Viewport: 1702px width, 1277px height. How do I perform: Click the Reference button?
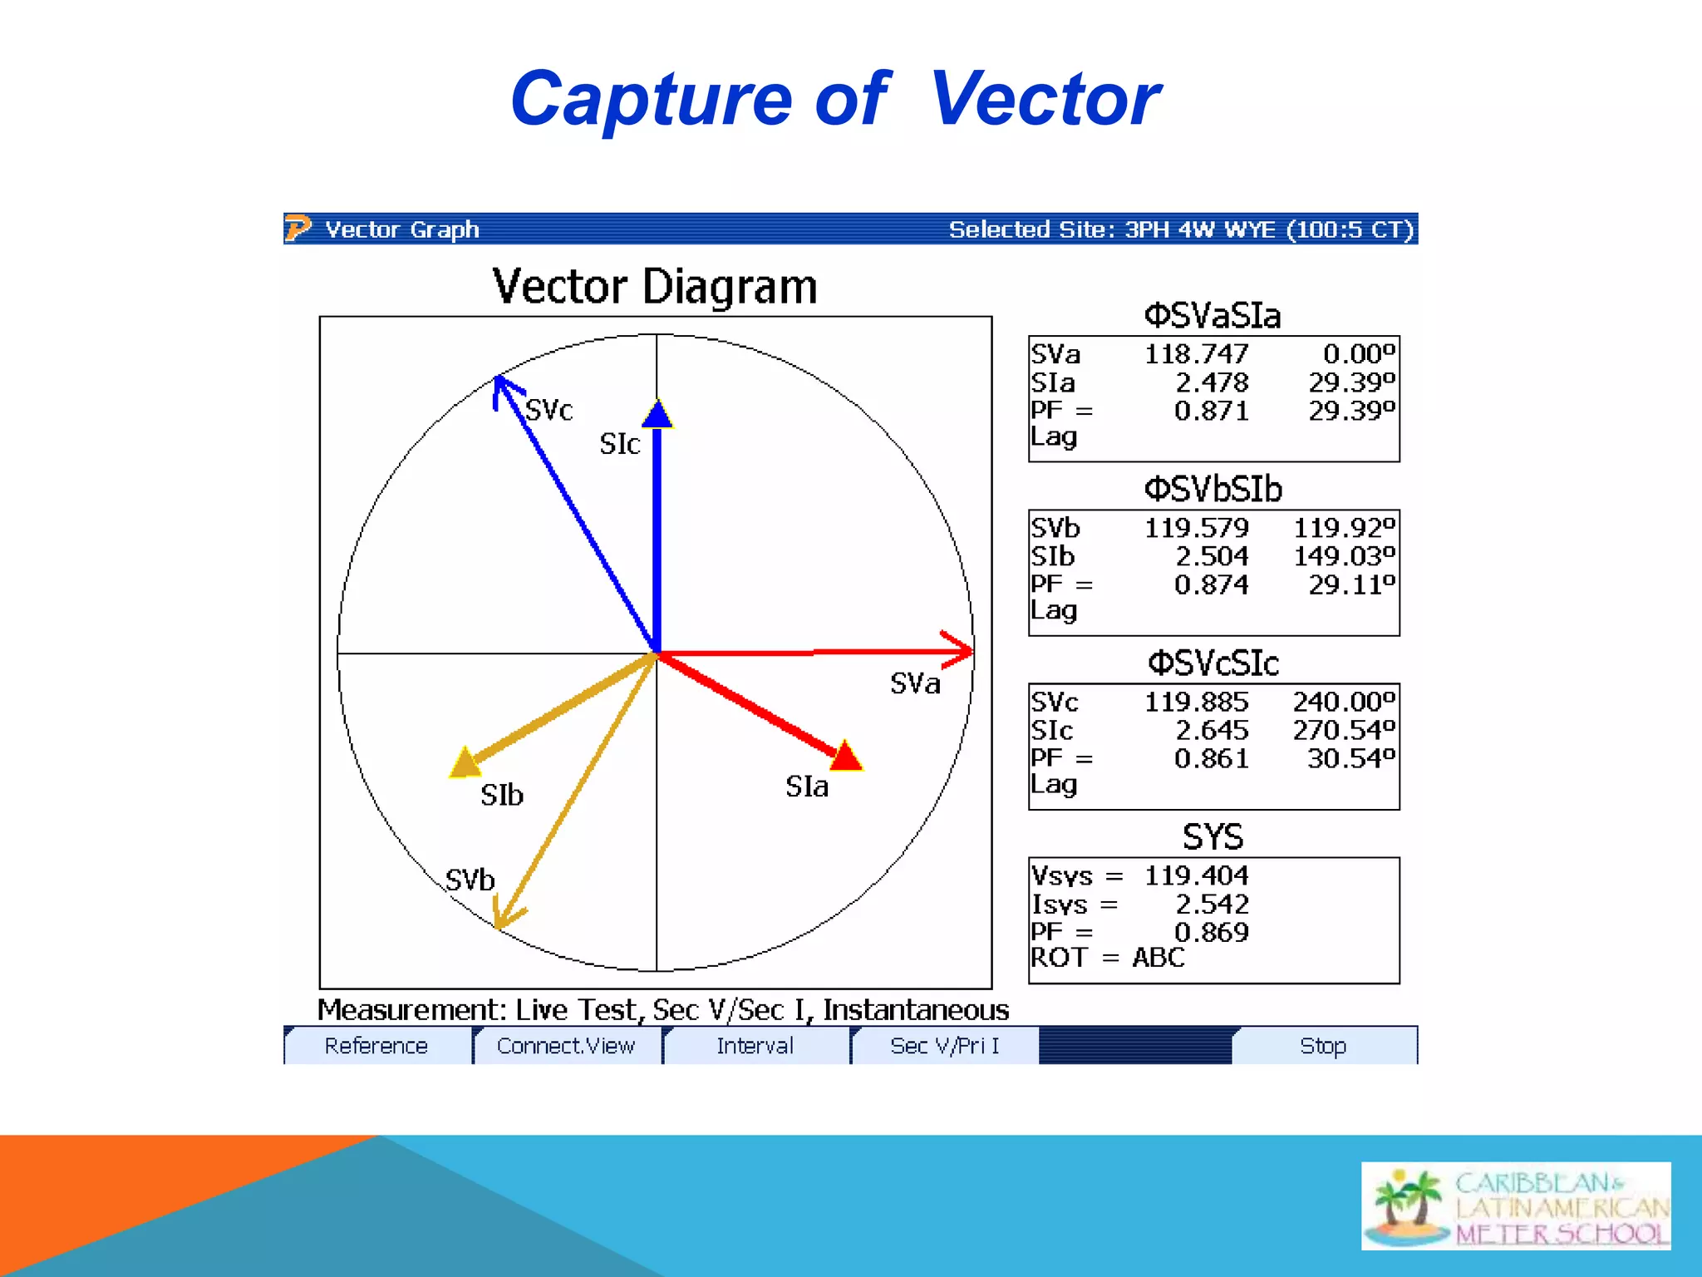[x=376, y=1046]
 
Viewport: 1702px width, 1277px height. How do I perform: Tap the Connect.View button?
[x=566, y=1046]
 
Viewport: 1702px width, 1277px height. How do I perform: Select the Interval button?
[x=755, y=1046]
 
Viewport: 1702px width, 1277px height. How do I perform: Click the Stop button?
[x=1323, y=1046]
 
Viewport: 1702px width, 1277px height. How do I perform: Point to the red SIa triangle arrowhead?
[x=846, y=756]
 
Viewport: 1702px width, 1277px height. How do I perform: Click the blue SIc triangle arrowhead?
[x=657, y=415]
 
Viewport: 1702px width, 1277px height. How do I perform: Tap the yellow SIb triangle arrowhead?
[x=465, y=762]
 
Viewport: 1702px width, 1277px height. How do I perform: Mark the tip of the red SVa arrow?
[x=971, y=651]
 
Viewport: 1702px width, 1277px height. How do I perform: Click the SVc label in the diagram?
[x=549, y=410]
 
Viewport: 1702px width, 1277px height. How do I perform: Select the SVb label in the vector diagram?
[x=470, y=880]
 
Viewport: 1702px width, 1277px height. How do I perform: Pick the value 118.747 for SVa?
[x=1196, y=354]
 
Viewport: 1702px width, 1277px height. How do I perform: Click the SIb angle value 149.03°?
[x=1344, y=556]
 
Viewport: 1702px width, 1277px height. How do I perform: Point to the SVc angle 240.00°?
[x=1344, y=702]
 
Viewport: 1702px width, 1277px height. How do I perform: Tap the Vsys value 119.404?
[x=1196, y=875]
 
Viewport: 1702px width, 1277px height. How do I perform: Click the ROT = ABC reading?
[x=1108, y=958]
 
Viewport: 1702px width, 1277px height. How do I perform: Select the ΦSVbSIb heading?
[x=1213, y=489]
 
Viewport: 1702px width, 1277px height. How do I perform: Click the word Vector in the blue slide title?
[x=1045, y=100]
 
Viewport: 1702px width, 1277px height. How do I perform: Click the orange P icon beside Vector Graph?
[x=298, y=228]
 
